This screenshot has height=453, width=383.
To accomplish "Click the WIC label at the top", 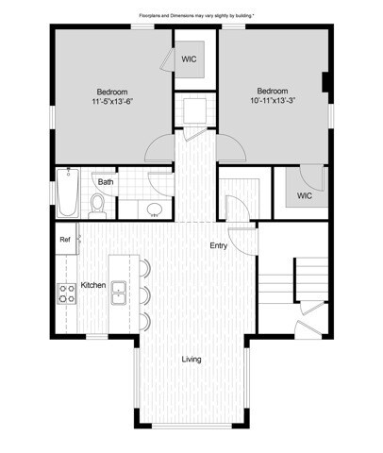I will click(x=190, y=59).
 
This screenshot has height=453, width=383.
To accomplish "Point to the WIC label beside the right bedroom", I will click(x=304, y=196).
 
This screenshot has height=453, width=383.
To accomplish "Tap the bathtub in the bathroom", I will click(x=68, y=193).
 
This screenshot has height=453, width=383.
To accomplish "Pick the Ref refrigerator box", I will click(x=65, y=240).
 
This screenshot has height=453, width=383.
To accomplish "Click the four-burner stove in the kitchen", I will click(x=67, y=294).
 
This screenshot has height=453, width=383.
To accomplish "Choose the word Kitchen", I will click(x=92, y=284).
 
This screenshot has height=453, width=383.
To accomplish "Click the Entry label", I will click(x=218, y=245).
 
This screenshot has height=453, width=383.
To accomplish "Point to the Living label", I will click(x=191, y=359).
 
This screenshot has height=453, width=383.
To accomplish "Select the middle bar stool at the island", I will click(x=143, y=294).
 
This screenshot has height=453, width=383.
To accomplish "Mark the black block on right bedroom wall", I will click(x=325, y=84).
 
